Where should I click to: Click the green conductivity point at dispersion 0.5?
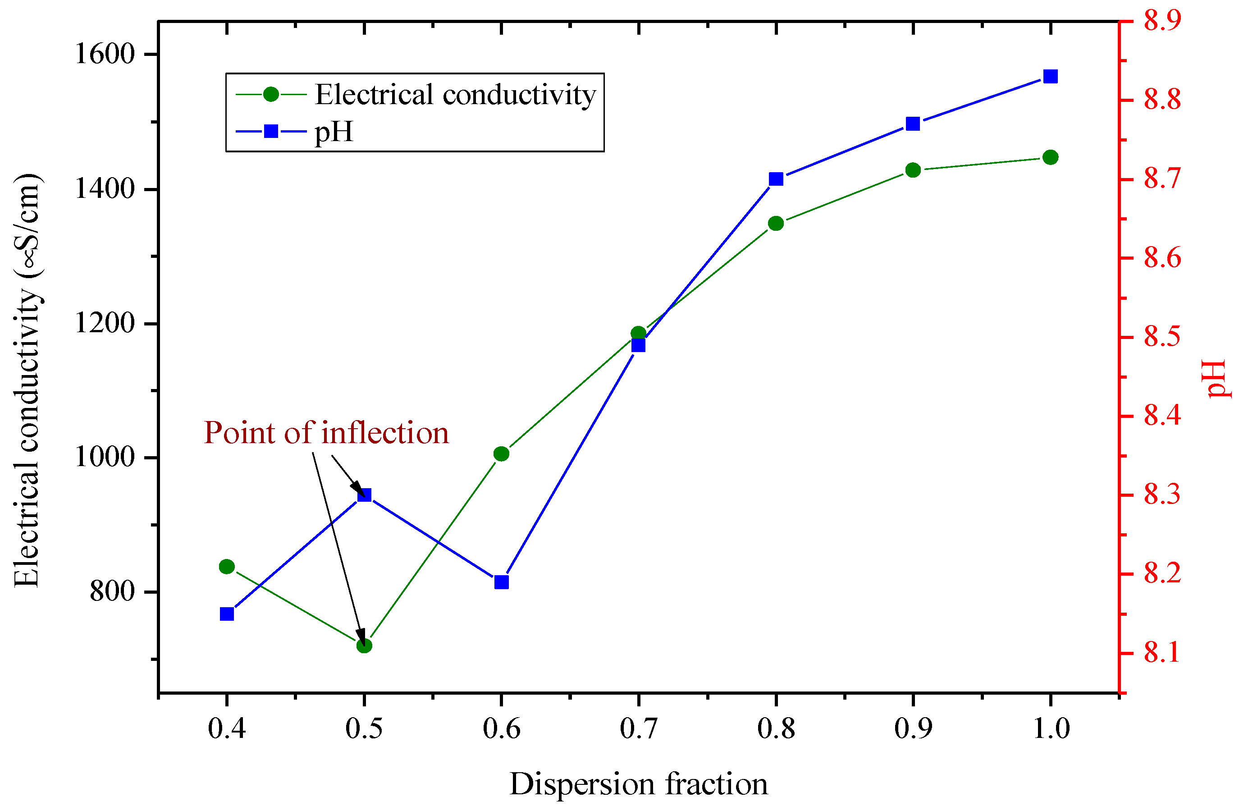click(x=364, y=646)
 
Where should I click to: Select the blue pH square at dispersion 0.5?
click(x=364, y=495)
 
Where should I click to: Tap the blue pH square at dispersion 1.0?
click(x=1051, y=77)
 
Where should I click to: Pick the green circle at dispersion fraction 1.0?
click(x=1051, y=157)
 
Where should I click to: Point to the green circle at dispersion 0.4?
click(x=226, y=567)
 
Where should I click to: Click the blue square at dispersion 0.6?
click(x=501, y=582)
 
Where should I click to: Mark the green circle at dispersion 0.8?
click(x=776, y=224)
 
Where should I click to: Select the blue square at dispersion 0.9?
click(x=913, y=124)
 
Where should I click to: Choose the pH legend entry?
click(x=334, y=131)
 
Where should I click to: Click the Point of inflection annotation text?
click(x=326, y=433)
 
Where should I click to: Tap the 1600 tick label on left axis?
click(x=105, y=54)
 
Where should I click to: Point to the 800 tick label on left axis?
click(x=112, y=591)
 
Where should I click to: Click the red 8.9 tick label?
click(x=1162, y=21)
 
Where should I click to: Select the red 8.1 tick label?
click(x=1162, y=653)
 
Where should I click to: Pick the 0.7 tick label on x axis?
click(x=638, y=728)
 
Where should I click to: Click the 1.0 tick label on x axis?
click(x=1051, y=728)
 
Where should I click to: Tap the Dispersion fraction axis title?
click(x=638, y=784)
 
